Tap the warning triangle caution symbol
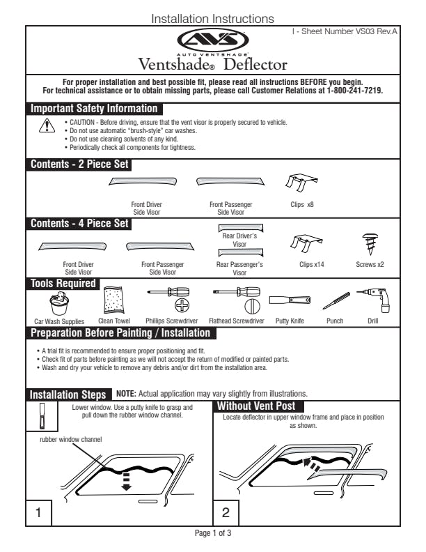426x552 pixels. coord(47,125)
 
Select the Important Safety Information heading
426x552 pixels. coord(94,108)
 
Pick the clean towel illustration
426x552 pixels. coord(113,300)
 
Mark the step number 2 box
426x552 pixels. coord(226,513)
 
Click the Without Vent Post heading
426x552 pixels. coord(256,406)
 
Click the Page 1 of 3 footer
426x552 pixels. coord(212,533)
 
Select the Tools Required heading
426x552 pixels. coord(63,284)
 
